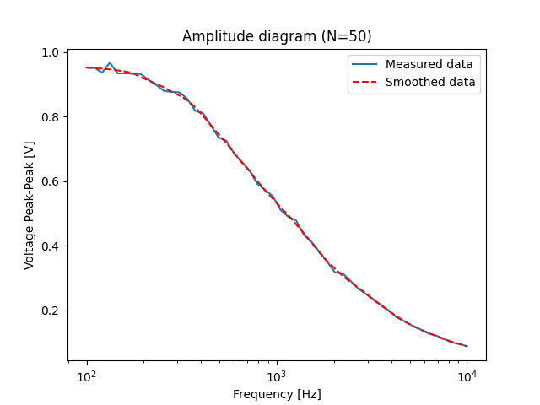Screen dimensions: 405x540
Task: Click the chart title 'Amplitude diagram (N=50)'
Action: [x=277, y=36]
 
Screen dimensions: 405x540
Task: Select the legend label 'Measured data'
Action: [x=429, y=64]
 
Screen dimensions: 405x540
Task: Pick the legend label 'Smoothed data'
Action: [x=430, y=83]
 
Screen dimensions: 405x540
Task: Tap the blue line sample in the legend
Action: [x=365, y=64]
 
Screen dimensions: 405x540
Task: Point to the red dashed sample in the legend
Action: [x=365, y=83]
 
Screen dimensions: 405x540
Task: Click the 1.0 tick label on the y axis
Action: [x=51, y=53]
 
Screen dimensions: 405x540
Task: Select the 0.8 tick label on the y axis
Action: [x=51, y=117]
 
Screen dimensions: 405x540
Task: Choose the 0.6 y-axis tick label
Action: [x=51, y=182]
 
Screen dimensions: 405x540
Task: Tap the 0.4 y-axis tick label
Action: [x=51, y=246]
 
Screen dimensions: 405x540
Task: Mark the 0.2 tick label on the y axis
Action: [x=51, y=311]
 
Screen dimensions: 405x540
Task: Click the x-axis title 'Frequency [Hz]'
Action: [x=277, y=394]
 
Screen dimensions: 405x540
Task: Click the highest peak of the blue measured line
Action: [x=110, y=62]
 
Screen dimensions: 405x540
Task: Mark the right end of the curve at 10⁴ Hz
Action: [x=467, y=346]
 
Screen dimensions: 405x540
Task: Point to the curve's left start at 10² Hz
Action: [x=87, y=67]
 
